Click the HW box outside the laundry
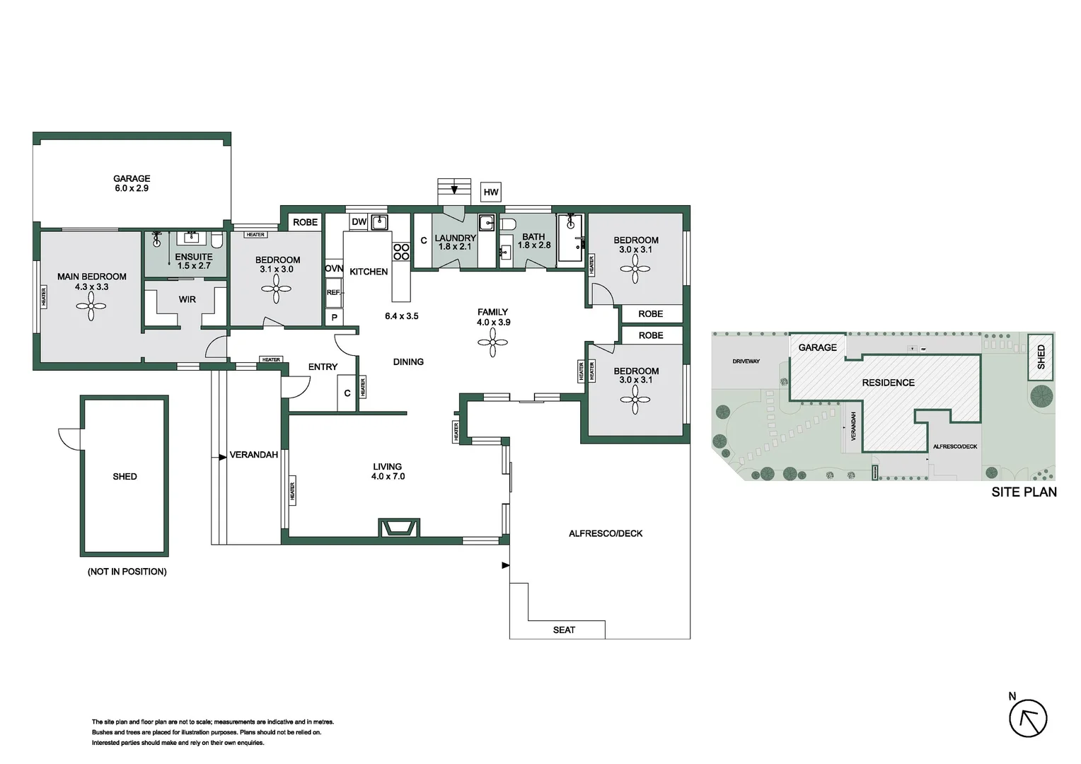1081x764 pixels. [491, 192]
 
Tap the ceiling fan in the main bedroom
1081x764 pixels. [91, 306]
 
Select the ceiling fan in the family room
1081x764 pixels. [492, 343]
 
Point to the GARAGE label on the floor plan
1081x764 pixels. [132, 179]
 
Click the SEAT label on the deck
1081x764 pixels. [564, 630]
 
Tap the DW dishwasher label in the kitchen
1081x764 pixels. [359, 222]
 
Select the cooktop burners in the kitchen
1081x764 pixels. [401, 252]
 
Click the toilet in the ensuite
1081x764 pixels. [217, 241]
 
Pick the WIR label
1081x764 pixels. [187, 300]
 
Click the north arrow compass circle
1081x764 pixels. [1028, 719]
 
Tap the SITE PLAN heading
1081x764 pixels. [1024, 492]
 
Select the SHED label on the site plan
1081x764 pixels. [1041, 357]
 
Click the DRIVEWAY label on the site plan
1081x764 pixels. [746, 361]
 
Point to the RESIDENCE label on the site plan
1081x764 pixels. [888, 383]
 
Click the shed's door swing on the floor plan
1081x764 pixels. [69, 439]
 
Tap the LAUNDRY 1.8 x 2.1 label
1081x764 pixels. [455, 243]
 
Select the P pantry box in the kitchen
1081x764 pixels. [335, 318]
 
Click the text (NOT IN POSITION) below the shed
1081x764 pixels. [127, 572]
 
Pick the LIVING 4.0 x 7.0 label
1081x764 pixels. [388, 472]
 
